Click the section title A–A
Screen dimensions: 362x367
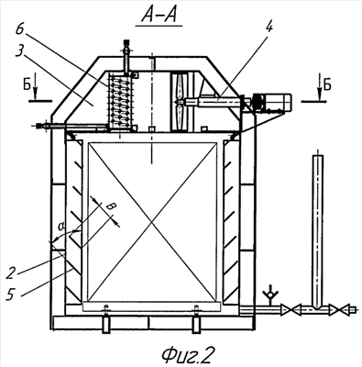pos(159,16)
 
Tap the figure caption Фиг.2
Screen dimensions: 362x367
pos(187,355)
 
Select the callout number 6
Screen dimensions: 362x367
pos(21,29)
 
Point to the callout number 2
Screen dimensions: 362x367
pos(10,272)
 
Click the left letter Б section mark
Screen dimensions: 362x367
pos(27,86)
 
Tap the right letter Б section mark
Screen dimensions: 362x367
pos(327,86)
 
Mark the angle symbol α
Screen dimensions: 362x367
pos(61,227)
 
